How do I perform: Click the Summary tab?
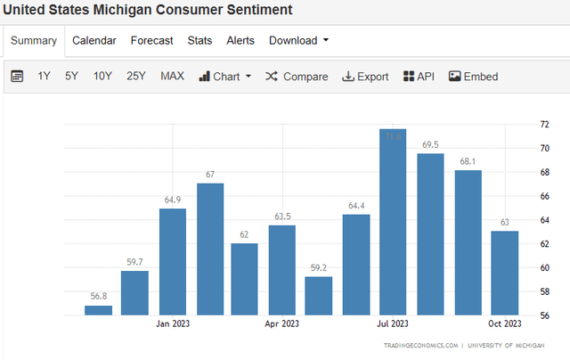coord(34,40)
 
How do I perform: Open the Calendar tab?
coord(94,40)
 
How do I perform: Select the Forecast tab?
coord(151,40)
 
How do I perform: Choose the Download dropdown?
coord(298,40)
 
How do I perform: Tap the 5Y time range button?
coord(71,77)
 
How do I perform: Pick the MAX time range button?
coord(172,77)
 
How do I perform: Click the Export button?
coord(365,77)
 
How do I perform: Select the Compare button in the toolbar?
coord(297,77)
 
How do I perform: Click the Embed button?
coord(473,77)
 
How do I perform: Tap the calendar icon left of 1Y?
coord(17,77)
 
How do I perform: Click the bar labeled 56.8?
coord(98,310)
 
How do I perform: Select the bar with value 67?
coord(210,250)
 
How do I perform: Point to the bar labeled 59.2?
coord(318,296)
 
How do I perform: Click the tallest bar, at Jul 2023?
coord(393,223)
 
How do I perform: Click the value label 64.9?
coord(173,200)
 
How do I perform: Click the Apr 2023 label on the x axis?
coord(281,323)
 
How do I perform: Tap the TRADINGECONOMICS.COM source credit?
coord(421,346)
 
